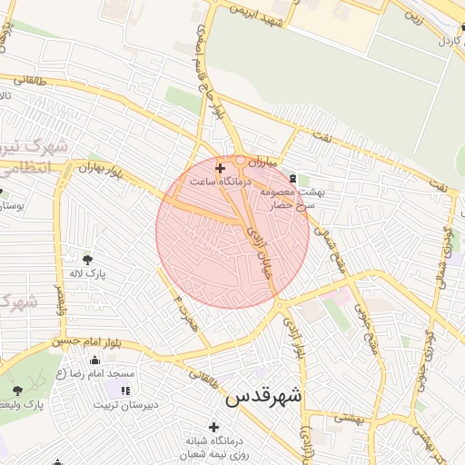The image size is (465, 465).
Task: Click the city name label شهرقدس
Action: (263, 397)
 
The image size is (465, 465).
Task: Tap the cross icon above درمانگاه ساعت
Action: (219, 168)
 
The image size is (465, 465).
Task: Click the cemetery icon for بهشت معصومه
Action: (292, 178)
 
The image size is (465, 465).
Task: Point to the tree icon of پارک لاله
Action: (87, 259)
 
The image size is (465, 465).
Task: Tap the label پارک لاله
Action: (90, 272)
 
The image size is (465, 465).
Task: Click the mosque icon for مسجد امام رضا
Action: (94, 360)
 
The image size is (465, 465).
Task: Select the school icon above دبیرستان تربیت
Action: (124, 391)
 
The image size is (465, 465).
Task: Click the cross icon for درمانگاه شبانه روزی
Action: (213, 427)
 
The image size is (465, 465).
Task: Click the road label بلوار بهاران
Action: (99, 169)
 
